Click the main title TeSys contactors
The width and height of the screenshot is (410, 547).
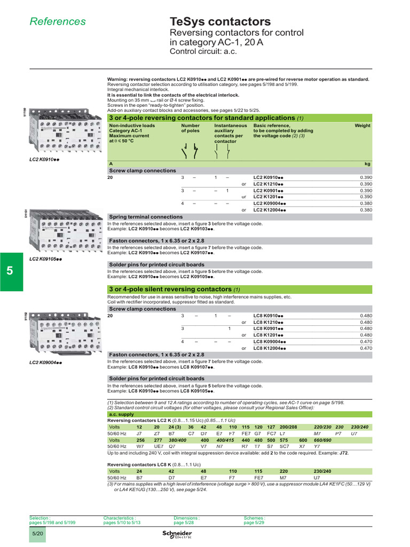click(x=220, y=21)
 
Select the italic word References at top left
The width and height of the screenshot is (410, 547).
click(x=57, y=21)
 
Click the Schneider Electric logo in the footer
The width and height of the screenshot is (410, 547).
click(x=176, y=535)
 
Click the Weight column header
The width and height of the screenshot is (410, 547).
click(x=362, y=126)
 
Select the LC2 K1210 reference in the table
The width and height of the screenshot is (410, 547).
click(x=268, y=184)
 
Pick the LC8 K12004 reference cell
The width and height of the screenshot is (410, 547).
click(x=270, y=348)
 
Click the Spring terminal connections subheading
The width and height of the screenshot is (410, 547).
click(x=146, y=217)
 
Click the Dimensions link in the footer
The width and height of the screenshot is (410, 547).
click(x=186, y=518)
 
